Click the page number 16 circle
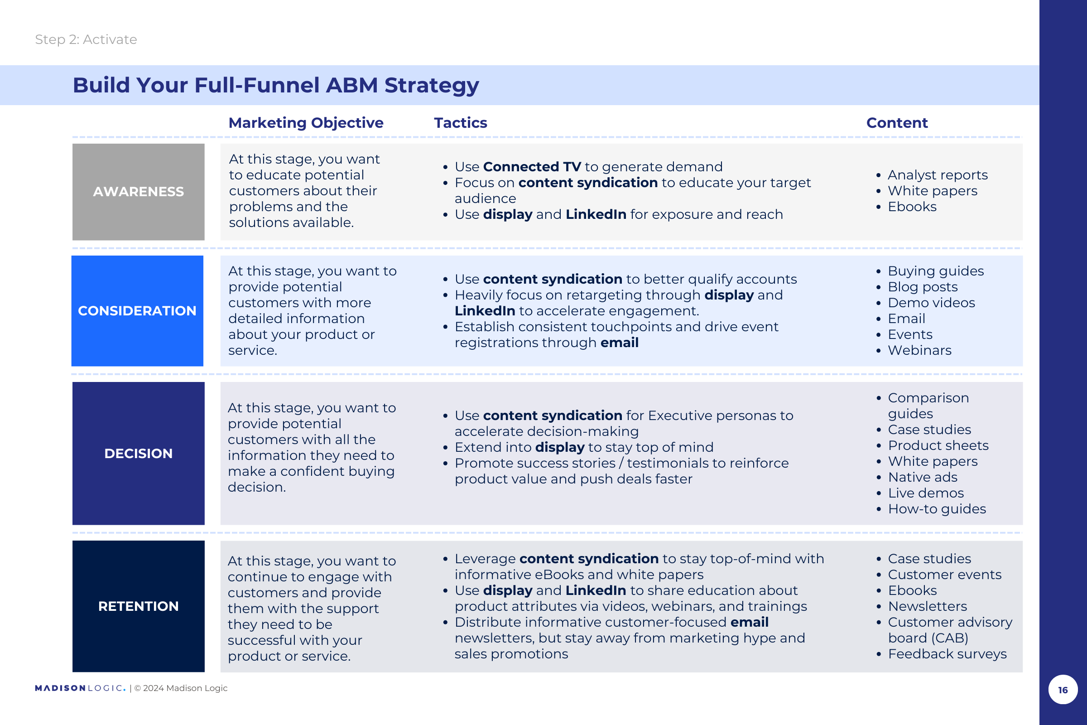(x=1063, y=689)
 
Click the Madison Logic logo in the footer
(x=80, y=688)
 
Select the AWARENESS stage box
(x=138, y=192)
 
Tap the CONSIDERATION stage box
(x=137, y=311)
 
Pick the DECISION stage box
(x=138, y=453)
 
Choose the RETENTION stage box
(x=138, y=606)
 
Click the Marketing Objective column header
(x=306, y=123)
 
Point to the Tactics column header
(x=460, y=122)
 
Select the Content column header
(x=897, y=122)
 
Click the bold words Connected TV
(x=532, y=166)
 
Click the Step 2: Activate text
(x=86, y=39)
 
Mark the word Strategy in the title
(x=432, y=86)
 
